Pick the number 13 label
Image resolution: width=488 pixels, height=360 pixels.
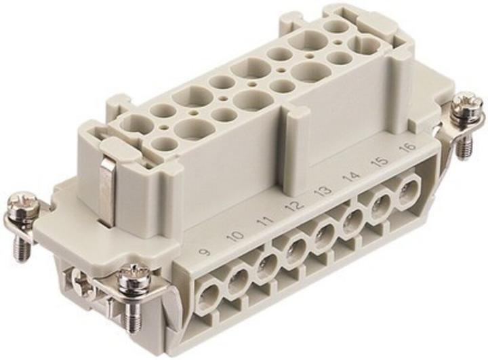324,191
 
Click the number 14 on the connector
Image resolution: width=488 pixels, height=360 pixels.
352,178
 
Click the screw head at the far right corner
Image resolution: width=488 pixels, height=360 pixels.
467,106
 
